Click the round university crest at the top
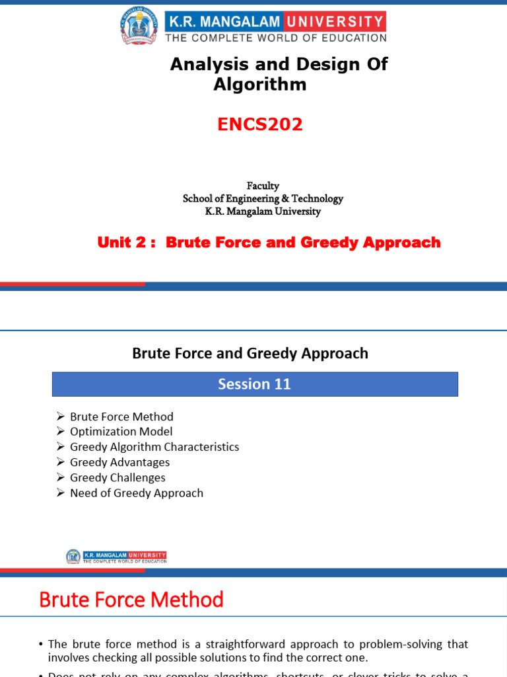pos(139,26)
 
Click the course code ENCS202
pos(260,124)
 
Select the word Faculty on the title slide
pos(263,186)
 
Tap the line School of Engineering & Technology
pos(263,198)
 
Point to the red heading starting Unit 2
pos(269,243)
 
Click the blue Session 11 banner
pos(255,384)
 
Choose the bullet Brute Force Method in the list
pos(121,417)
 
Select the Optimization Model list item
pos(121,432)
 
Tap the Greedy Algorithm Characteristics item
pos(154,447)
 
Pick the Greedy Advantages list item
pos(119,462)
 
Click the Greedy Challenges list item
pos(118,477)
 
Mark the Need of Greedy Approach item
pos(136,493)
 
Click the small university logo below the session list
pos(116,557)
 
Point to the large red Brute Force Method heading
pos(131,600)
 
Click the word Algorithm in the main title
pos(260,85)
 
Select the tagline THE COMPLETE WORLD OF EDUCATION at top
pos(275,38)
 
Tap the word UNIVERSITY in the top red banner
pos(335,21)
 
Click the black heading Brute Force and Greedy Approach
pos(250,353)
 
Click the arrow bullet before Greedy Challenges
pos(60,477)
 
